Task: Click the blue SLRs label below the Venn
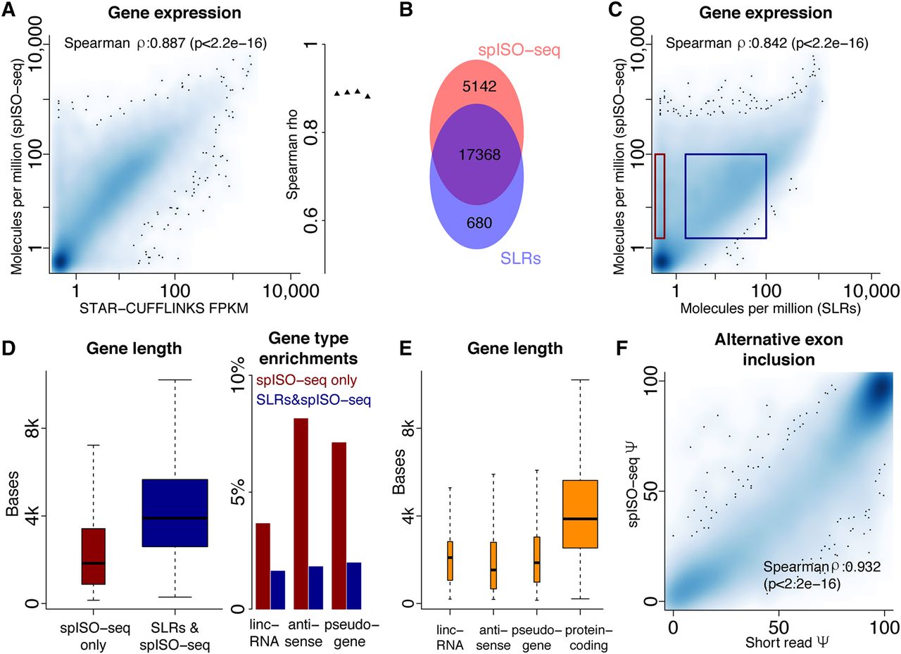pyautogui.click(x=522, y=259)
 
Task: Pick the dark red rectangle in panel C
pyautogui.click(x=660, y=196)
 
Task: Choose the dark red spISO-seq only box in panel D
pyautogui.click(x=94, y=556)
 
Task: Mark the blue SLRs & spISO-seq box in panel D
pyautogui.click(x=175, y=512)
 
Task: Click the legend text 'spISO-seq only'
pyautogui.click(x=307, y=381)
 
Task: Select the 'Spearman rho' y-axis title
pyautogui.click(x=295, y=158)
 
